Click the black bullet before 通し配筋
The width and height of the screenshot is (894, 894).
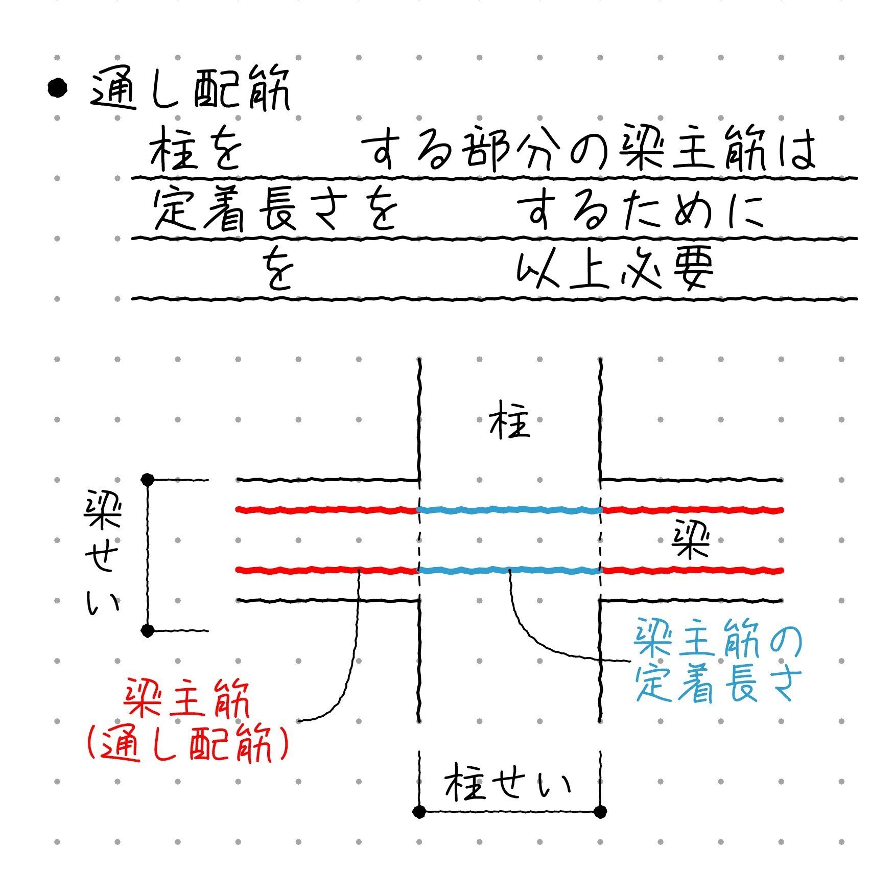pyautogui.click(x=57, y=88)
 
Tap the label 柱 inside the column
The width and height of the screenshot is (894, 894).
pyautogui.click(x=509, y=425)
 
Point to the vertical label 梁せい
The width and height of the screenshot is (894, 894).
pyautogui.click(x=103, y=554)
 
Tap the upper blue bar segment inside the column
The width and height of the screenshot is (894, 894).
pyautogui.click(x=509, y=510)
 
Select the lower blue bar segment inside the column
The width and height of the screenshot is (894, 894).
pyautogui.click(x=509, y=570)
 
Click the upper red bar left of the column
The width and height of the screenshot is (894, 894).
pyautogui.click(x=327, y=510)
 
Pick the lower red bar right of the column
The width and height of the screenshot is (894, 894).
pyautogui.click(x=692, y=570)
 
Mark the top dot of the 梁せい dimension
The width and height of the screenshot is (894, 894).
pyautogui.click(x=148, y=480)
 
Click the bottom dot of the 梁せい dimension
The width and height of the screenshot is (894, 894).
pyautogui.click(x=148, y=631)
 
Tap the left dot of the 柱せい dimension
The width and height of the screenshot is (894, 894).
pyautogui.click(x=419, y=811)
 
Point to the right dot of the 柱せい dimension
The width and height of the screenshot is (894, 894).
pyautogui.click(x=601, y=811)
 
